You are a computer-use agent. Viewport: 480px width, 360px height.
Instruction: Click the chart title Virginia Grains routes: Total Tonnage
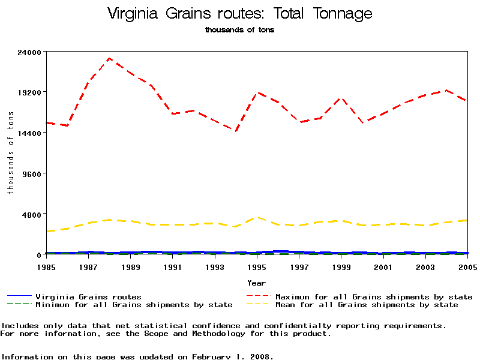click(x=239, y=14)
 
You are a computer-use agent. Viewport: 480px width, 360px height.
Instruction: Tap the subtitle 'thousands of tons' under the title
click(x=239, y=30)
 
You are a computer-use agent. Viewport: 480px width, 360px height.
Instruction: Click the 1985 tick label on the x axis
click(x=46, y=266)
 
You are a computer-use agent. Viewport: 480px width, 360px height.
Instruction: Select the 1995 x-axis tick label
click(x=257, y=266)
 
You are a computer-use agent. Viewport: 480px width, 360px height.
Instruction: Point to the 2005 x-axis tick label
click(x=467, y=266)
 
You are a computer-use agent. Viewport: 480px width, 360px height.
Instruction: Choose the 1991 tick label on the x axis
click(x=173, y=266)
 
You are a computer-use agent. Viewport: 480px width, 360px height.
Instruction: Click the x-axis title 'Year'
click(x=257, y=282)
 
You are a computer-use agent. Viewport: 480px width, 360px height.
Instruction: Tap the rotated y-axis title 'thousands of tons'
click(x=10, y=153)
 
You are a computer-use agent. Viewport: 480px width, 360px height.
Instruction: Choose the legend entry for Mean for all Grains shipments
click(x=366, y=305)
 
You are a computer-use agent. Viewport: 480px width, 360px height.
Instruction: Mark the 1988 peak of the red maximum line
click(x=109, y=58)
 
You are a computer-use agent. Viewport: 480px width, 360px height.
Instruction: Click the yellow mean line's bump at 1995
click(x=257, y=217)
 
